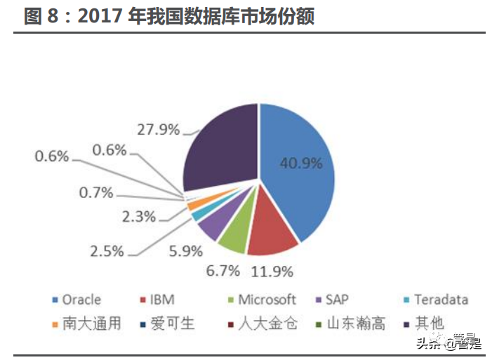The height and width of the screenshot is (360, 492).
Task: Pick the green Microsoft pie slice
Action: (x=233, y=235)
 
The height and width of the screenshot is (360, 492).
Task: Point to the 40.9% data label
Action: (x=300, y=164)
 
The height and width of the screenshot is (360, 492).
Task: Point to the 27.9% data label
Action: (x=159, y=129)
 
